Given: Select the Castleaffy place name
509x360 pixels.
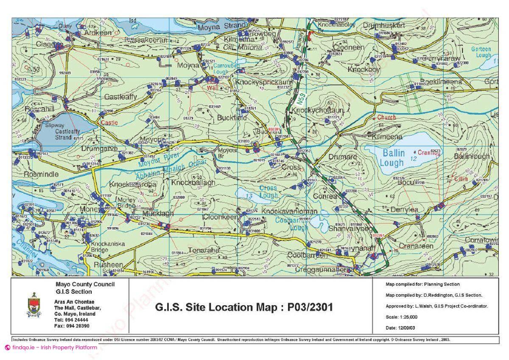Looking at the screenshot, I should [120, 97].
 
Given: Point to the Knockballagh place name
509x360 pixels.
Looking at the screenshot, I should [193, 182].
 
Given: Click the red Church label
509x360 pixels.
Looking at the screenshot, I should [386, 117].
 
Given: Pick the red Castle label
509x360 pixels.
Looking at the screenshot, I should [109, 123].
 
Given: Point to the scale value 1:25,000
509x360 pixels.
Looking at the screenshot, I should [408, 317].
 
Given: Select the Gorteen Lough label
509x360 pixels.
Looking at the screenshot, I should [481, 52].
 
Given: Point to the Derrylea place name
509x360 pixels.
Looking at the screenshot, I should [404, 210].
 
